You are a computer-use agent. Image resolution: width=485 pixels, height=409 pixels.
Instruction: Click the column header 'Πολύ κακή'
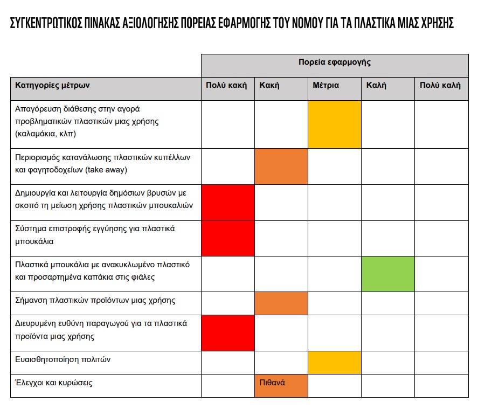[x=226, y=85]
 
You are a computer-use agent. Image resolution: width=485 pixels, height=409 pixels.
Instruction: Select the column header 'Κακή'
[x=269, y=85]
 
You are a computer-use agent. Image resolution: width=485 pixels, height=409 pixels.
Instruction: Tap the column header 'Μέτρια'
[x=325, y=85]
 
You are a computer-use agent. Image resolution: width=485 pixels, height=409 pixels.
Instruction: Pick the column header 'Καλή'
[x=376, y=85]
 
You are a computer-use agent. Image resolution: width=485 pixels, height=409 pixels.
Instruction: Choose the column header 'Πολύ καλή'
[x=440, y=85]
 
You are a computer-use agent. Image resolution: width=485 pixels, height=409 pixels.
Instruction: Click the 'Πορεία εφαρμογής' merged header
[x=335, y=62]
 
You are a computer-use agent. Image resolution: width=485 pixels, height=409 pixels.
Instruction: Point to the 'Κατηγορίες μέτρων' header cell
[x=52, y=85]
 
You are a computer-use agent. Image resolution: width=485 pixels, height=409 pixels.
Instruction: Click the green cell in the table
[x=387, y=274]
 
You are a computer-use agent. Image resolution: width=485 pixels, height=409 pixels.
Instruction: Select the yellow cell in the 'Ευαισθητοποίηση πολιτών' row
[x=334, y=362]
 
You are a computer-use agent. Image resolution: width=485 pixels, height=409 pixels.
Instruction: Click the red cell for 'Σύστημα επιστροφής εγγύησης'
[x=227, y=238]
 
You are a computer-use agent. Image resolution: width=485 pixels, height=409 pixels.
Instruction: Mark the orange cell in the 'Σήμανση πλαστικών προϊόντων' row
[x=281, y=303]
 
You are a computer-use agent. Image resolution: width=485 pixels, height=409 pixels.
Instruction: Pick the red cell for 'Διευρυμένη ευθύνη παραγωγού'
[x=227, y=332]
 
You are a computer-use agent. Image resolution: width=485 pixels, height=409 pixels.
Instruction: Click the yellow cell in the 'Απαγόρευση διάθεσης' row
[x=334, y=124]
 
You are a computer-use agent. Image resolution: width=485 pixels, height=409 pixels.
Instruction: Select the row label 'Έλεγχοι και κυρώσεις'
[x=53, y=383]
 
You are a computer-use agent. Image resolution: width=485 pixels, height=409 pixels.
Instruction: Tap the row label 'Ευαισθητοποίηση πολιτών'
[x=63, y=359]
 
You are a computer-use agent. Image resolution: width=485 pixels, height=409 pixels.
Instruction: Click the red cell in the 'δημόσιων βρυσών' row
[x=227, y=202]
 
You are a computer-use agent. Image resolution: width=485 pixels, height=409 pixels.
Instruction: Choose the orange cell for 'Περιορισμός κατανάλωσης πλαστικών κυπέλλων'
[x=281, y=167]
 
